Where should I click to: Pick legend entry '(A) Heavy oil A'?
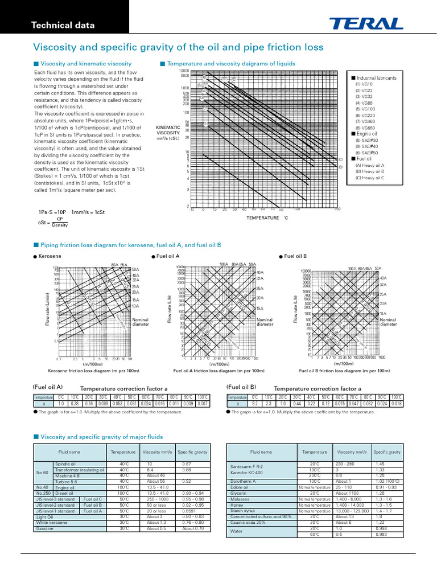click(369, 165)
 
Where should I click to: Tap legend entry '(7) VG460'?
click(366, 121)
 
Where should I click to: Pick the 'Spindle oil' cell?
click(65, 464)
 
